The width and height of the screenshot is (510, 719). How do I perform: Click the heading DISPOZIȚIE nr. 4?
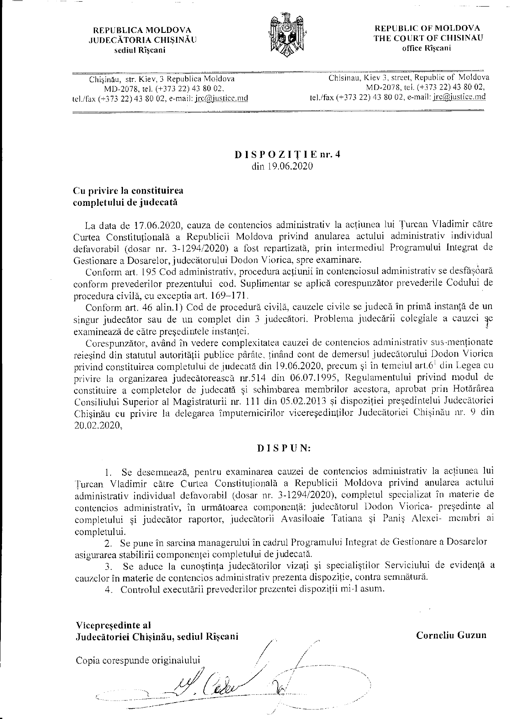point(288,154)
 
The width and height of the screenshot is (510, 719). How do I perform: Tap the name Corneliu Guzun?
point(451,635)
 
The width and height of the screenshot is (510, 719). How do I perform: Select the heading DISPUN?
point(284,448)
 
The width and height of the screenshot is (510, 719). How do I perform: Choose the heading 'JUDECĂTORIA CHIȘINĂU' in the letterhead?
point(143,40)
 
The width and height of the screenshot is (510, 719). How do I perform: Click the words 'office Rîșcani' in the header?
point(427,48)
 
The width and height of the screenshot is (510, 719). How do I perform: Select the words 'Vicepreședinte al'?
point(114,625)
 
